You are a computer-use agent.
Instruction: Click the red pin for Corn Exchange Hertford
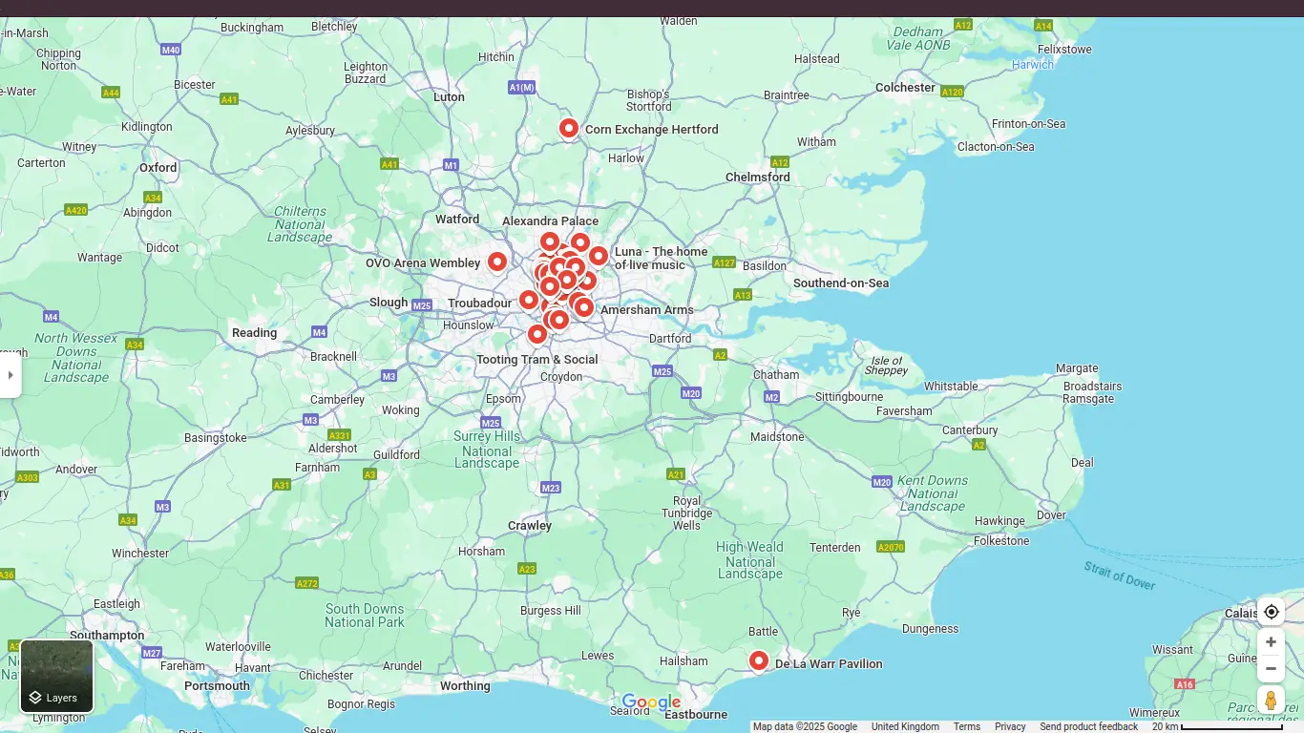click(569, 128)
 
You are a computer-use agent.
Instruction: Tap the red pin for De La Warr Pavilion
click(759, 660)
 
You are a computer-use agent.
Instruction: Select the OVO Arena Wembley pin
click(497, 262)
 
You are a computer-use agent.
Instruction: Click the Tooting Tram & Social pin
click(537, 334)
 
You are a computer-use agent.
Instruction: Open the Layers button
click(57, 676)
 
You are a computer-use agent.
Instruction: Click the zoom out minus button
click(1271, 668)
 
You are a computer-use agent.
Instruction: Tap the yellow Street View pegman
click(1271, 701)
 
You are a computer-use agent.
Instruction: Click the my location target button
click(1271, 612)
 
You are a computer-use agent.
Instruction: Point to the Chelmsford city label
click(758, 177)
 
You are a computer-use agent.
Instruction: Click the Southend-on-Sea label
click(841, 283)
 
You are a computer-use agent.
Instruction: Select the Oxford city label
click(158, 167)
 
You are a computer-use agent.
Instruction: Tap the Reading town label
click(255, 333)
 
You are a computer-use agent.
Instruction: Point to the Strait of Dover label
click(1120, 576)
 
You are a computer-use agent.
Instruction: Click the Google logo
click(651, 703)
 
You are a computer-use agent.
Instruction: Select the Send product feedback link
click(1088, 726)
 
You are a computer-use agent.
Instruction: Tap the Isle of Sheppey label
click(887, 365)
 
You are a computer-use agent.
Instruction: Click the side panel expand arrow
click(11, 375)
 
